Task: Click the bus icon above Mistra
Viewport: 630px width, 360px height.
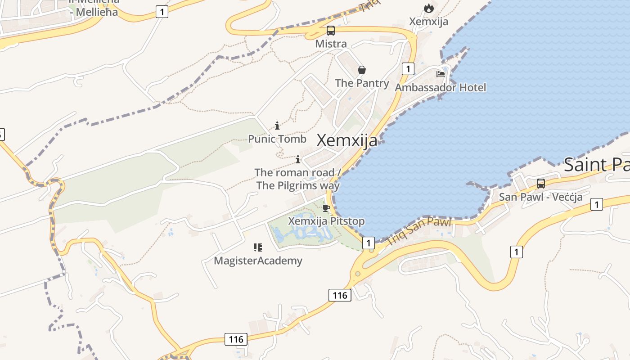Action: [x=331, y=31]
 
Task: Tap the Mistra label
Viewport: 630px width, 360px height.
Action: [x=331, y=44]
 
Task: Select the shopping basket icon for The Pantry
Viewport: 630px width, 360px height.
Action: [x=361, y=70]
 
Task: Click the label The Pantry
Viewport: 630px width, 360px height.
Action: [x=362, y=83]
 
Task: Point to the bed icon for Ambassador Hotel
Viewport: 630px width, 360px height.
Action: [x=441, y=74]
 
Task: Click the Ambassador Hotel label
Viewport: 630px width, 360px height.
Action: [x=441, y=87]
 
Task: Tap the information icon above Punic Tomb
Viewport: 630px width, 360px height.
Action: [x=277, y=126]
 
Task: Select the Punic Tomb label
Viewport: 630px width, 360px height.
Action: [x=277, y=139]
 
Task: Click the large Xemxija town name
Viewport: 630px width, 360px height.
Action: [x=347, y=140]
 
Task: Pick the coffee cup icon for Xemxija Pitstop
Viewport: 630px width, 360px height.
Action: [x=326, y=207]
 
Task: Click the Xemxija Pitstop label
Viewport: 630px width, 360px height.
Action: [x=326, y=221]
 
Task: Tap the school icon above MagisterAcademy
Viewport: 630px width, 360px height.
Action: [x=257, y=247]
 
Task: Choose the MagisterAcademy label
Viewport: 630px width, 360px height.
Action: [x=258, y=261]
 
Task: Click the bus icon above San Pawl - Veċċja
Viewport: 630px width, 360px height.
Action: [x=540, y=184]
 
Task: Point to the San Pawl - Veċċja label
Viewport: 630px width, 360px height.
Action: [x=540, y=197]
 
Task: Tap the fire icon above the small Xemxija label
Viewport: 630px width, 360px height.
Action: [x=428, y=8]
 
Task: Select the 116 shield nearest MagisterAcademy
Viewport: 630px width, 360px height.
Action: [x=340, y=295]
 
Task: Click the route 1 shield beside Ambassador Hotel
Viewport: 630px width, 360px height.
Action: [x=408, y=69]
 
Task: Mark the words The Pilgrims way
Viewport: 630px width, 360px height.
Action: [x=298, y=185]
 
